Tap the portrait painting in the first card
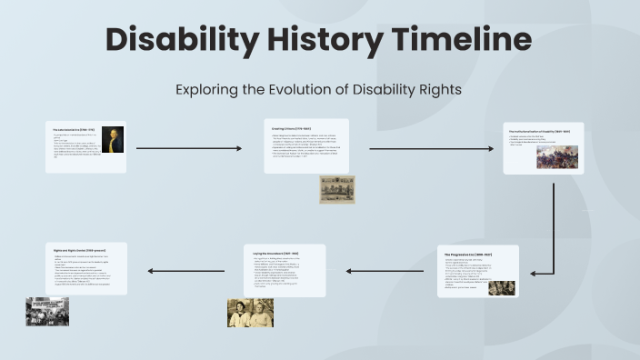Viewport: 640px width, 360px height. point(112,139)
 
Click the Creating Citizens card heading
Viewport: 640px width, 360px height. point(292,129)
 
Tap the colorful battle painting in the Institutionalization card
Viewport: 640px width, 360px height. point(557,156)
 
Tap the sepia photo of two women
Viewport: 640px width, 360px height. point(250,313)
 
